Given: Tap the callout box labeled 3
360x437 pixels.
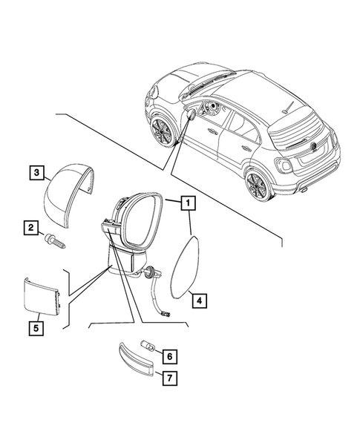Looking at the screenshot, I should [x=36, y=172].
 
